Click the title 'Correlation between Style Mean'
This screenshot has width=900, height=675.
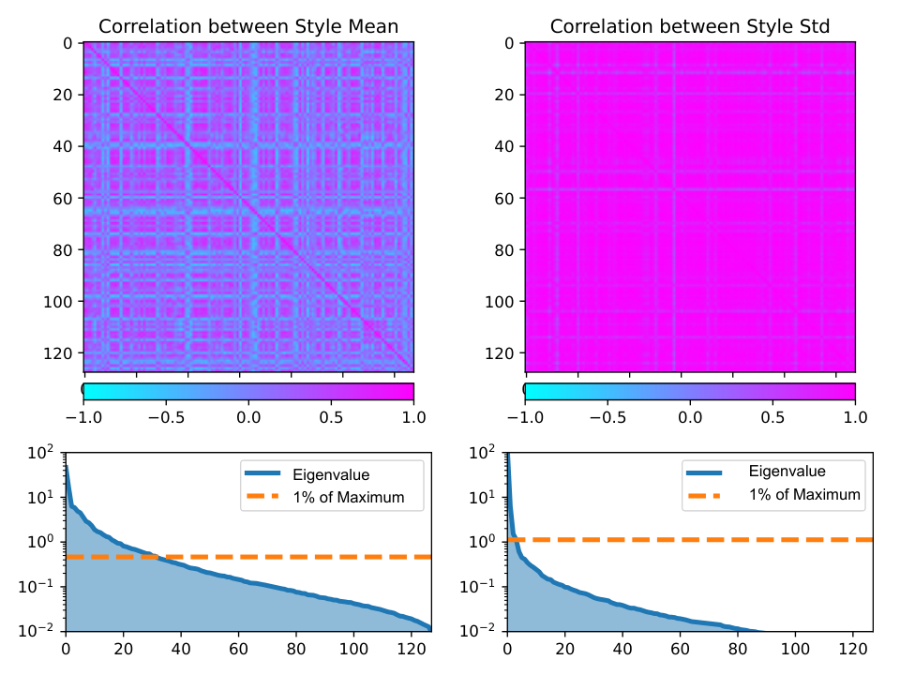pos(248,26)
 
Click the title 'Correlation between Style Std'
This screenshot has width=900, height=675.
pos(690,26)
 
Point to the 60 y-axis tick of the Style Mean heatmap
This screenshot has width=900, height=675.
pos(63,199)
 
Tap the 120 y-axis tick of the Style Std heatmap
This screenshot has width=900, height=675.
pos(499,353)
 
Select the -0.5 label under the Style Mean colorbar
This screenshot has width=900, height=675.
pos(167,417)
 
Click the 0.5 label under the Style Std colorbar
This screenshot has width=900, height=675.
pos(772,417)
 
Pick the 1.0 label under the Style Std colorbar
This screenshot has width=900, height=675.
pos(855,417)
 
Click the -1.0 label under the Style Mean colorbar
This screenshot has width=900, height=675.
pos(83,417)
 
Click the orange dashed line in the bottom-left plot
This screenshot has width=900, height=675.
pos(248,557)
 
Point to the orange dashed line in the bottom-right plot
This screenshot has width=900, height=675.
pos(690,540)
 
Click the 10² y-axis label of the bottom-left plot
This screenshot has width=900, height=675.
pos(40,453)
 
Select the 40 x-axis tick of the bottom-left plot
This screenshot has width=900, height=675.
pos(181,649)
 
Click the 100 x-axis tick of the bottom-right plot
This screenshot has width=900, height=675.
pos(796,649)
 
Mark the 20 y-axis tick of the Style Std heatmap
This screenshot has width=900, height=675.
pos(504,95)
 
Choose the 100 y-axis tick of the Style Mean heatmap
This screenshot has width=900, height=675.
pos(58,302)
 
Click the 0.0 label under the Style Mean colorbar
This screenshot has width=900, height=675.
pos(248,417)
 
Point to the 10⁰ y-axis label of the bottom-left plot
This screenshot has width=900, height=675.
pos(40,542)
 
